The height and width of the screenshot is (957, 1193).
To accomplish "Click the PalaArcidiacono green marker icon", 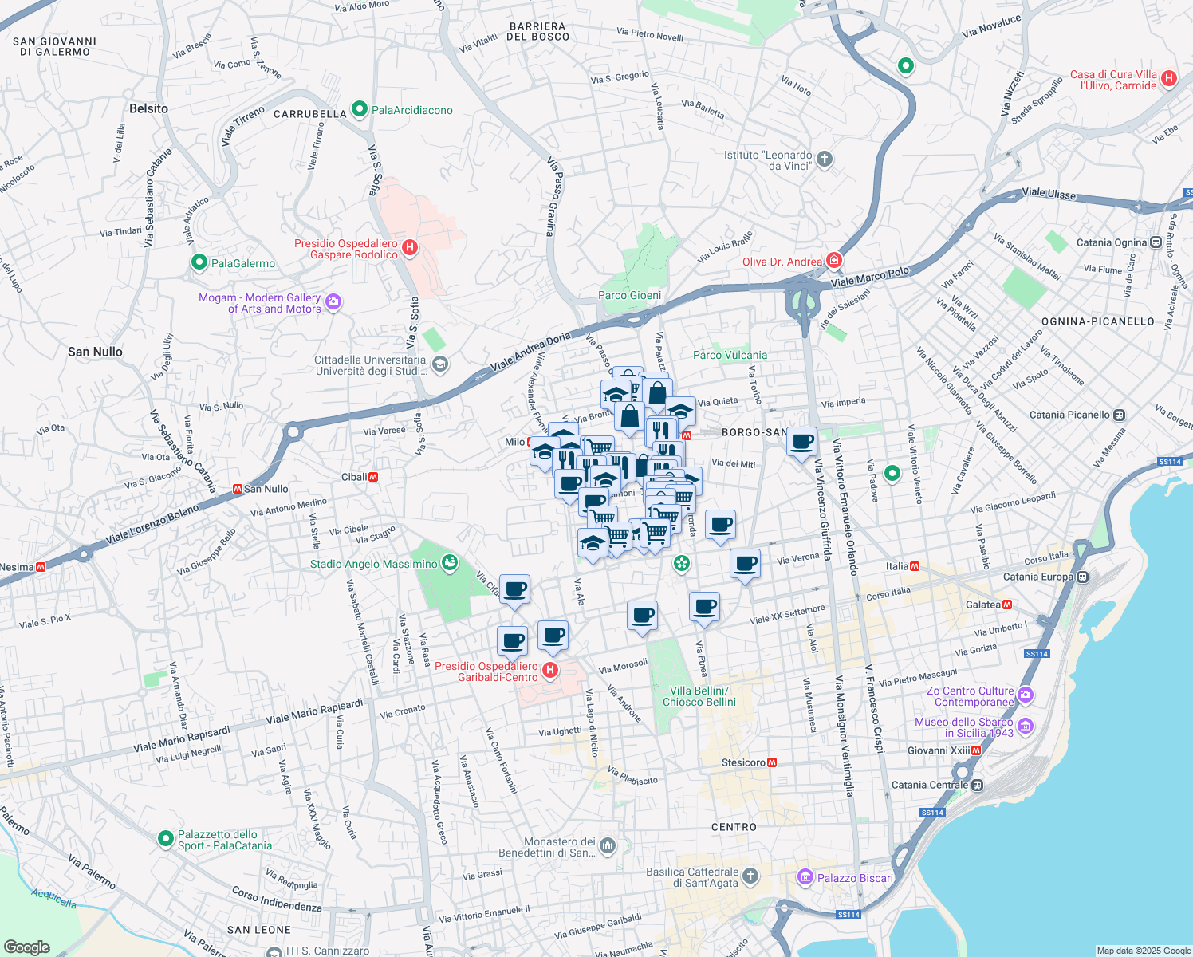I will (359, 109).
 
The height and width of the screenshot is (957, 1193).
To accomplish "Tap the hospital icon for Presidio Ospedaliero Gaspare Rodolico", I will (410, 248).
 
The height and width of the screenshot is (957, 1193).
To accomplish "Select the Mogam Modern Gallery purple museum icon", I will (333, 301).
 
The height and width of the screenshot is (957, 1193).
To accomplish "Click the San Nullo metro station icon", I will (237, 489).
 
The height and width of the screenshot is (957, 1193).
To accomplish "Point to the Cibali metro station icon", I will (373, 477).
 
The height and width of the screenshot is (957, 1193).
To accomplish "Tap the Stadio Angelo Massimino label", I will (373, 564).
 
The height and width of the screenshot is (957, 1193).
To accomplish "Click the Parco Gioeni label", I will (629, 295).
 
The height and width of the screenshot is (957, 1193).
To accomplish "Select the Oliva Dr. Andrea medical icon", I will (834, 261).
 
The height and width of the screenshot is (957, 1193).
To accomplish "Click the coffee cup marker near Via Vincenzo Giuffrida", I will (802, 441).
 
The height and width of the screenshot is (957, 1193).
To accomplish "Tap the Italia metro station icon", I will (915, 566).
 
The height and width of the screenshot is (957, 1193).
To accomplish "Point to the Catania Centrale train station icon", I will (977, 785).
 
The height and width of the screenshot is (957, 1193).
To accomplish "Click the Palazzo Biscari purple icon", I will (805, 878).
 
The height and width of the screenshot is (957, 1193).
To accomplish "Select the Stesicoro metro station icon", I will (771, 762).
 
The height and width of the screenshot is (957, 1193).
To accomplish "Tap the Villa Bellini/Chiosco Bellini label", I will (699, 696).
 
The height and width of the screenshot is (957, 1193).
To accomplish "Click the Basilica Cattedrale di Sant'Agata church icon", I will (750, 877).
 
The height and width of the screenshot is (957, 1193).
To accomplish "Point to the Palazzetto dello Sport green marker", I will (165, 838).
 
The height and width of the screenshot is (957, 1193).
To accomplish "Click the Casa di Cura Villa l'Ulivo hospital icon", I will (1169, 78).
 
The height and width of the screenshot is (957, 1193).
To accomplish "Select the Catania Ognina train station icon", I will (1156, 242).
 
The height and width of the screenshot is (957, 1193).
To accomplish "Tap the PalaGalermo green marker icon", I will (199, 262).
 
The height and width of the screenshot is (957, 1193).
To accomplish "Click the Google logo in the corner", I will (27, 947).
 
